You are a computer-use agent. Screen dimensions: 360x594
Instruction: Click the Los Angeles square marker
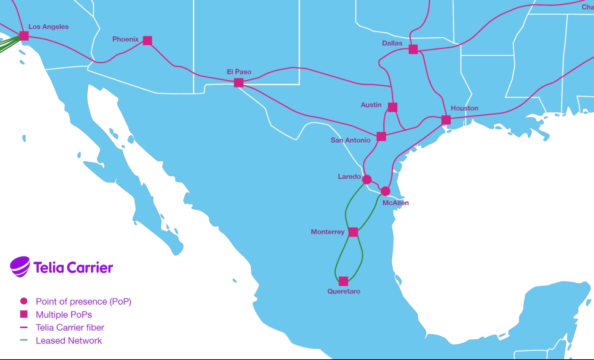[x=24, y=36]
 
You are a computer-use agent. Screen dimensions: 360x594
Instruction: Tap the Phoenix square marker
[x=147, y=41]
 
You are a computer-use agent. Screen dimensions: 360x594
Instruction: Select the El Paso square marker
[x=238, y=83]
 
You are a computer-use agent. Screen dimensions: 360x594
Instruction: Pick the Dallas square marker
[x=413, y=49]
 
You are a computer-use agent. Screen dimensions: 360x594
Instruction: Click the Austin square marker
[x=392, y=107]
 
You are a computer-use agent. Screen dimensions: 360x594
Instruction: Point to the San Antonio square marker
[x=381, y=136]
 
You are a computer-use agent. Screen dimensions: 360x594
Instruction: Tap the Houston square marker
[x=446, y=120]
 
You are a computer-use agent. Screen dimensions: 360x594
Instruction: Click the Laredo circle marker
[x=367, y=180]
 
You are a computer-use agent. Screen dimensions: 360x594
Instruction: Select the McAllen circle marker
[x=385, y=191]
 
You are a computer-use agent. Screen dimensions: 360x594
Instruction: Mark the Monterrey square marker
[x=353, y=232]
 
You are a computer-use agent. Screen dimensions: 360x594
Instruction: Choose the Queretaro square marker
[x=343, y=281]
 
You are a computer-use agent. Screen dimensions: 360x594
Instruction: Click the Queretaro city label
[x=344, y=291]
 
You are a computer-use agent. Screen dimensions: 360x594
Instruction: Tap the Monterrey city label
[x=327, y=232]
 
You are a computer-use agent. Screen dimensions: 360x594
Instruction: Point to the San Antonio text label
[x=350, y=140]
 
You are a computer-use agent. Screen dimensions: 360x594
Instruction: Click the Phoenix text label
[x=126, y=39]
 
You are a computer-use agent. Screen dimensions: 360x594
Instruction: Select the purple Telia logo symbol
[x=20, y=267]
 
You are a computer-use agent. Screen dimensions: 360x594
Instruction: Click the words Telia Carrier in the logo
[x=73, y=268]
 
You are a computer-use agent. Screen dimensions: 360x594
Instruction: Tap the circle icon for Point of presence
[x=24, y=301]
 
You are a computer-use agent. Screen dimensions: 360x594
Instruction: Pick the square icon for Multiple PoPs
[x=24, y=314]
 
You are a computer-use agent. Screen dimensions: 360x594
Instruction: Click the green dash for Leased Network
[x=24, y=340]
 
